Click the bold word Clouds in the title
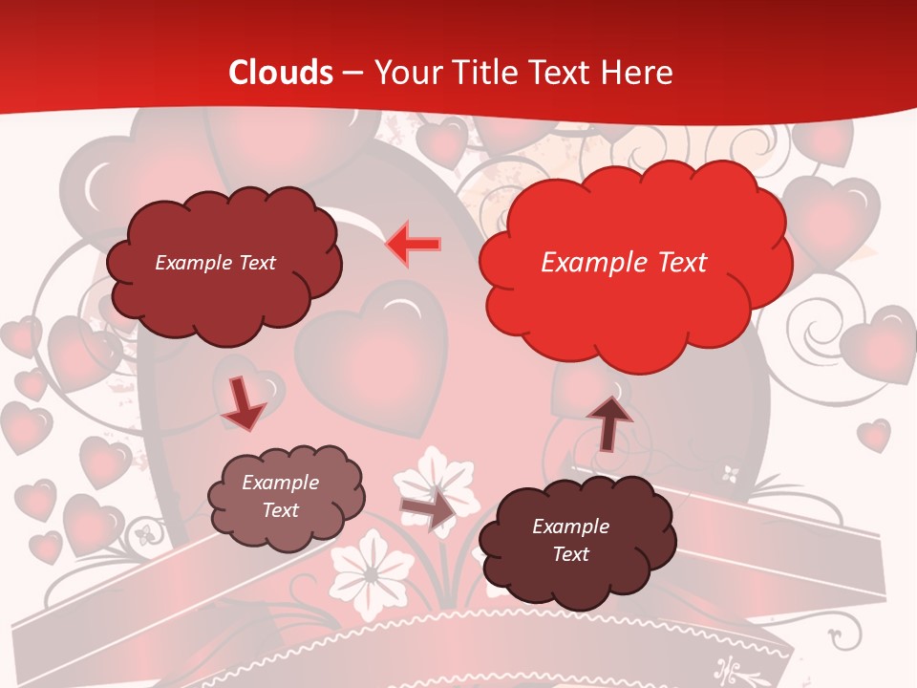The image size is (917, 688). tap(281, 73)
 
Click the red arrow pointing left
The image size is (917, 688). tap(413, 245)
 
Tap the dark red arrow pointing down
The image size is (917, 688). tap(243, 403)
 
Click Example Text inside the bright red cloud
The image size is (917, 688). tap(624, 263)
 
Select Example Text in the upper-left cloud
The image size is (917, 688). tap(215, 263)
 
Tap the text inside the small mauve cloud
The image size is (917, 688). tap(280, 496)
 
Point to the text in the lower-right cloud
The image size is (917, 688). tap(570, 540)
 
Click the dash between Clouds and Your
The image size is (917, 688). tap(352, 73)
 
